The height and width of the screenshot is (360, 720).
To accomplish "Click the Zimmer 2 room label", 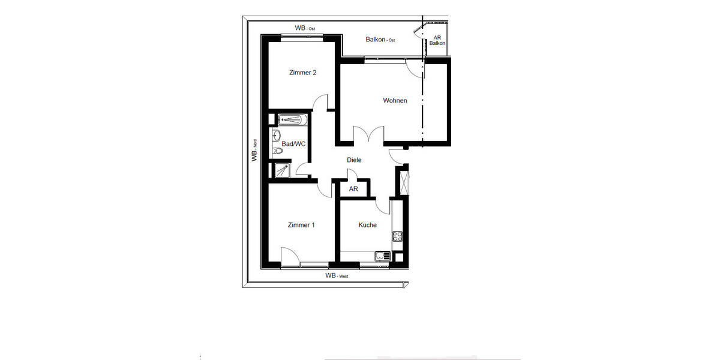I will [302, 73].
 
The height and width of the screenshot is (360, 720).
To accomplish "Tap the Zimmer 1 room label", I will [301, 225].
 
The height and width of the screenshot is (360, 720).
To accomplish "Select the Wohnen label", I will [395, 100].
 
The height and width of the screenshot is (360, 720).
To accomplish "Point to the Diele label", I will [354, 160].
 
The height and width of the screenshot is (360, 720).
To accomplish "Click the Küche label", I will [367, 225].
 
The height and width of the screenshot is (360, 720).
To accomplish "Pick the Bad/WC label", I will [293, 144].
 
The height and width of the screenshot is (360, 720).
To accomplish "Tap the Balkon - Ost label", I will [380, 40].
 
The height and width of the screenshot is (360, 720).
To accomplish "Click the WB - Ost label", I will [305, 28].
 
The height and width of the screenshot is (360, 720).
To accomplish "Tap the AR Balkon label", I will [437, 40].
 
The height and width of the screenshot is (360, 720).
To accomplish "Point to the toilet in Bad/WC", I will [277, 151].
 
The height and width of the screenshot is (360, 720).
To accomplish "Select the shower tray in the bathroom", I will [281, 170].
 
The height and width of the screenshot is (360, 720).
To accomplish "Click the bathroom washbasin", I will [277, 134].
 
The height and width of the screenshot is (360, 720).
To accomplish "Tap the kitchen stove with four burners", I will [397, 236].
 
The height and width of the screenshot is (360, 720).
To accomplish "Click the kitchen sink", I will [381, 257].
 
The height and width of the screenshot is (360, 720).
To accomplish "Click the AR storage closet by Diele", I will [354, 188].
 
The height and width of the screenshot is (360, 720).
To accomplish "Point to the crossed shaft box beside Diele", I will [403, 181].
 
